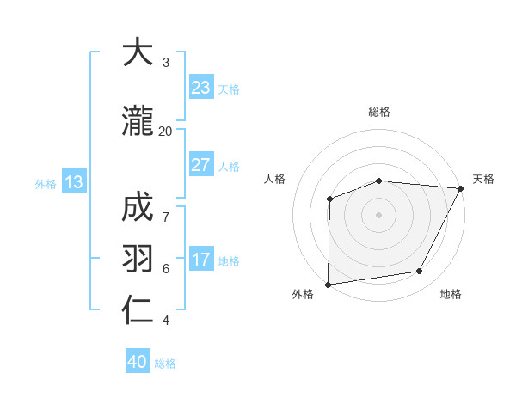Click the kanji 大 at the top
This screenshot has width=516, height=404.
pyautogui.click(x=138, y=53)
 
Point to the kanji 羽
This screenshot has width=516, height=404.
pyautogui.click(x=138, y=258)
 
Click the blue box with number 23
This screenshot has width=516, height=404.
pyautogui.click(x=200, y=88)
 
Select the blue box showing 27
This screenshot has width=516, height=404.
pyautogui.click(x=200, y=165)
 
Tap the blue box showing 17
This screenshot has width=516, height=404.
pyautogui.click(x=200, y=260)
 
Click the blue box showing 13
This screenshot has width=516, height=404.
pyautogui.click(x=73, y=182)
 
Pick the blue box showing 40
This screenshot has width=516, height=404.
pyautogui.click(x=138, y=362)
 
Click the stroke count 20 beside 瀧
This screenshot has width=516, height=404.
pyautogui.click(x=165, y=131)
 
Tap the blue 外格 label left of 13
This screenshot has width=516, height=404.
pyautogui.click(x=46, y=183)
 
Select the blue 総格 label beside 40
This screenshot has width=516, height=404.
pyautogui.click(x=165, y=363)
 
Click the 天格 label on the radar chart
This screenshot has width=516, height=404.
pyautogui.click(x=483, y=179)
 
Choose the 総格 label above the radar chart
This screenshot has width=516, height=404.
pyautogui.click(x=379, y=112)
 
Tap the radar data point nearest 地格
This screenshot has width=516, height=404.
pyautogui.click(x=420, y=271)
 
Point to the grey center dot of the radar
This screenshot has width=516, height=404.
pyautogui.click(x=378, y=214)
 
